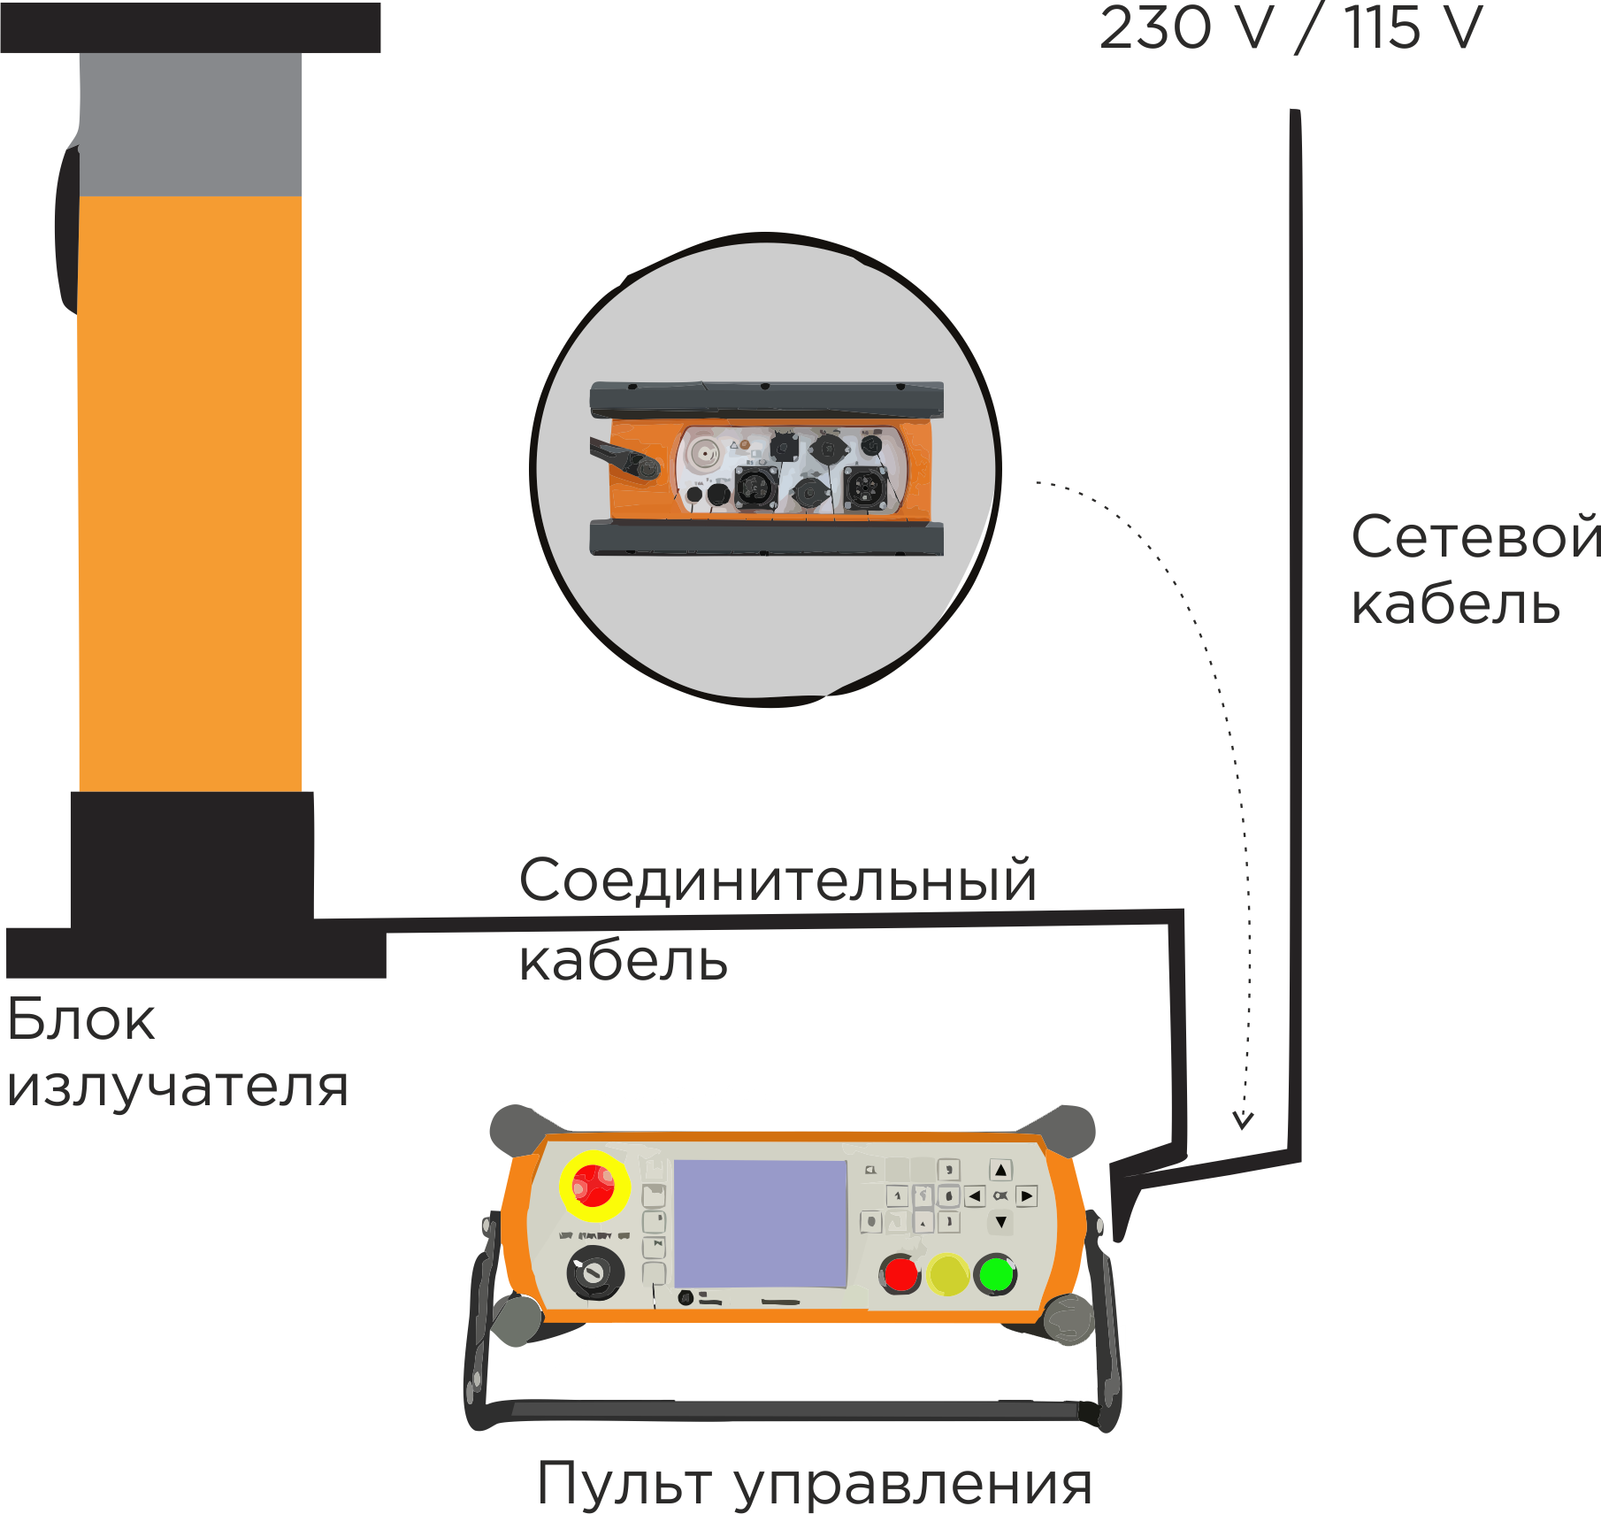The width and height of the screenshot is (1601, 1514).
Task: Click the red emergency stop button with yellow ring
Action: coord(594,1186)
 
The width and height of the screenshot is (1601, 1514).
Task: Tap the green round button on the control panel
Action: coord(996,1275)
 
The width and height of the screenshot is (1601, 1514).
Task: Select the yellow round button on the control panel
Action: coord(947,1275)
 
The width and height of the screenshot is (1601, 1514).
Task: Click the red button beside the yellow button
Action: coord(900,1275)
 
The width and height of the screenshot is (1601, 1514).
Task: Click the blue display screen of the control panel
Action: coord(761,1224)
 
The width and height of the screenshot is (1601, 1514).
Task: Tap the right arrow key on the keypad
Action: coord(1027,1196)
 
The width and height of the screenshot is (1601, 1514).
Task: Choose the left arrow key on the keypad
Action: coord(975,1196)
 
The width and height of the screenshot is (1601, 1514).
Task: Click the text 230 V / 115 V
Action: coord(1291,28)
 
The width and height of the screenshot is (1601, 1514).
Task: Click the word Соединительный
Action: coord(778,880)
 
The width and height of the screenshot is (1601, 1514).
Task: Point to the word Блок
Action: coord(80,1019)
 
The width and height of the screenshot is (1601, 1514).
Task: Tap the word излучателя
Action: coord(178,1086)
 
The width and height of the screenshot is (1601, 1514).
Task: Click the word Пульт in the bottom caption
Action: coord(624,1484)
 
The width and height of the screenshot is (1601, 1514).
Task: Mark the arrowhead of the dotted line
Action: coord(1243,1121)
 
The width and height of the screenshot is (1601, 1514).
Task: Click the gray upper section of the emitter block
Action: coord(191,124)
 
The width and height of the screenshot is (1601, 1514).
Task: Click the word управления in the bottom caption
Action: coord(914,1486)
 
